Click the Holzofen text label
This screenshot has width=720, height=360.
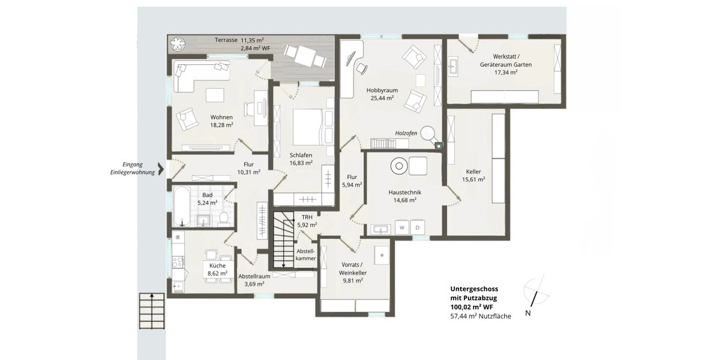click(406, 133)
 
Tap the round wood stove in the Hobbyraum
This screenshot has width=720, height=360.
click(428, 132)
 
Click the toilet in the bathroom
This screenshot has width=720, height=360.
click(223, 217)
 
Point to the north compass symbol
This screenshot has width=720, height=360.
click(533, 293)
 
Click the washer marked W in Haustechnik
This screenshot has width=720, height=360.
click(401, 228)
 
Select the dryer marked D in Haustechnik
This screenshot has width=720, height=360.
click(418, 228)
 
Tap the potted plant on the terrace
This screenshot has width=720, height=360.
click(179, 44)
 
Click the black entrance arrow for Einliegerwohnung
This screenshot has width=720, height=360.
click(160, 167)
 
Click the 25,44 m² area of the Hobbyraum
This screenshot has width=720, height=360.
click(382, 98)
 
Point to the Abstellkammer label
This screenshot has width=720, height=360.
click(306, 254)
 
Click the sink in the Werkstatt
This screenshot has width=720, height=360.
click(454, 66)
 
